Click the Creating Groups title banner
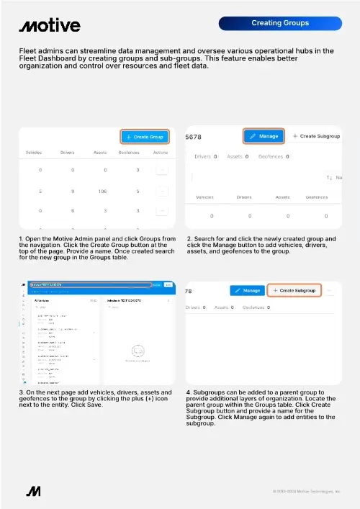pos(279,23)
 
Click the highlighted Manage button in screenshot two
pos(264,135)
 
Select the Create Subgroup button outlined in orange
pos(294,290)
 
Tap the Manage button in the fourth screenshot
pos(246,290)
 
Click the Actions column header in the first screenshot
pos(161,153)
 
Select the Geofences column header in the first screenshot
pos(129,153)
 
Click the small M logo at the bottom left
pos(32,491)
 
